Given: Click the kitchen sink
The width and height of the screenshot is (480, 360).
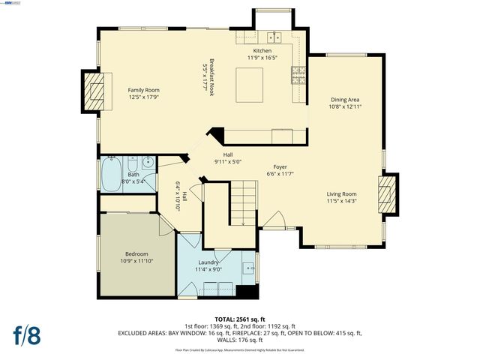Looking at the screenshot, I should coord(275,35).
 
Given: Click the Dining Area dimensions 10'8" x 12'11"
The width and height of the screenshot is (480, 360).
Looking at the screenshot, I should coord(346,106).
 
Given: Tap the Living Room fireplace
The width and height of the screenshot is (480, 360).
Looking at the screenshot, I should coord(387,195).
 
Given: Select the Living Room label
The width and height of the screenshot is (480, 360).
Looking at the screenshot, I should coord(341,193).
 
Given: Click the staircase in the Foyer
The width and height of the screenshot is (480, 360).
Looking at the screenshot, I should coord(243,204).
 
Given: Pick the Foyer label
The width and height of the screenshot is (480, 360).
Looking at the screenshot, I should coord(280,167).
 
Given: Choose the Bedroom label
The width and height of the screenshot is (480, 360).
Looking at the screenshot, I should coord(136,254).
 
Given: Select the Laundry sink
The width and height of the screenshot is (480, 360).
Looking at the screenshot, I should coord(249,266).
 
